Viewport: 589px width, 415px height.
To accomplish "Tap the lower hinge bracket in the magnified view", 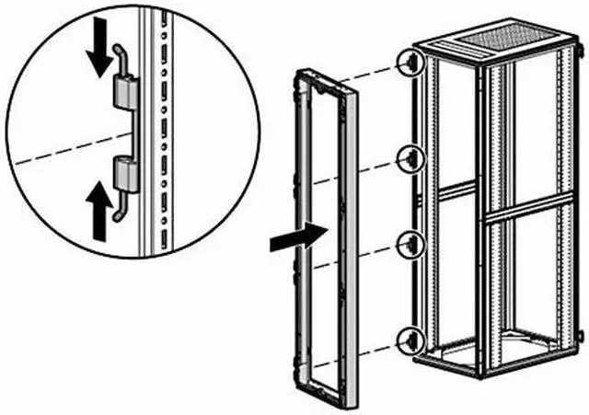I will pyautogui.click(x=124, y=172).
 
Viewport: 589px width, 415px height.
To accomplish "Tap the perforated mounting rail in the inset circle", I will pyautogui.click(x=162, y=138).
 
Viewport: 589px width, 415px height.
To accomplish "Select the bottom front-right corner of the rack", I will pyautogui.click(x=480, y=374).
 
